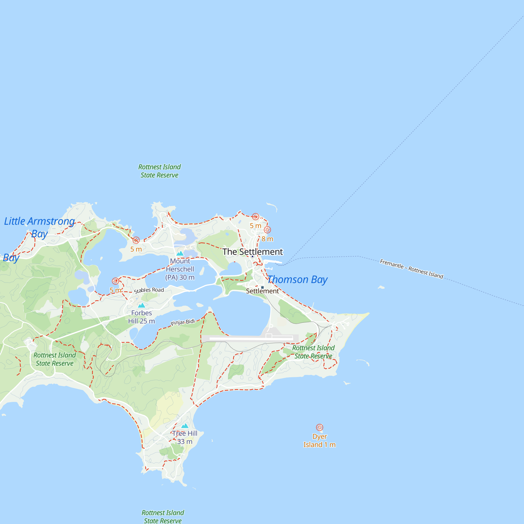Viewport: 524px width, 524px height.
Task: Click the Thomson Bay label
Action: click(x=298, y=279)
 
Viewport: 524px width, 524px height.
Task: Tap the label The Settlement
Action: click(x=253, y=252)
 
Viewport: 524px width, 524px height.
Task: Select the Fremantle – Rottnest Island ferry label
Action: click(x=411, y=269)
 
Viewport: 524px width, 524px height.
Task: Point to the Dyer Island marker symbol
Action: click(x=319, y=427)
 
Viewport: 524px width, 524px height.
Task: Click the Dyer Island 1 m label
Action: click(x=319, y=441)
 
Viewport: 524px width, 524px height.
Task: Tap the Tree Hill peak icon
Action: click(x=185, y=426)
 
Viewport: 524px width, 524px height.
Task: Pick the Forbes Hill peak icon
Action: click(x=141, y=305)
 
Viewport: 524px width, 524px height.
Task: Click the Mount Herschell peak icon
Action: click(x=180, y=254)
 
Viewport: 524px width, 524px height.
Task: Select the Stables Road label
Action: click(x=149, y=290)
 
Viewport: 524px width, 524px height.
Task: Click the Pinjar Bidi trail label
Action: click(x=183, y=322)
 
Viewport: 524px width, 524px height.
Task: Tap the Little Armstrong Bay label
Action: click(x=40, y=227)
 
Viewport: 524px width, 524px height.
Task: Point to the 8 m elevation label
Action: click(x=267, y=239)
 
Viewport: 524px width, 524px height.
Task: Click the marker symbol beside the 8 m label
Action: click(x=268, y=230)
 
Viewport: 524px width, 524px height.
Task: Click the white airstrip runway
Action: click(x=251, y=339)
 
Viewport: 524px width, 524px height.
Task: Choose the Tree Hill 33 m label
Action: click(x=185, y=438)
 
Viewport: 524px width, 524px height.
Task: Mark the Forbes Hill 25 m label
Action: click(x=141, y=317)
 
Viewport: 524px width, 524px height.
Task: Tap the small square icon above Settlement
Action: click(x=262, y=287)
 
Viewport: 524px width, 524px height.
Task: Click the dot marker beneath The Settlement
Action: click(x=252, y=256)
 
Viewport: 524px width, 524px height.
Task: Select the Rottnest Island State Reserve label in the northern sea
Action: click(x=160, y=171)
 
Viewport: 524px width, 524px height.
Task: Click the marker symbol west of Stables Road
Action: click(x=115, y=281)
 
